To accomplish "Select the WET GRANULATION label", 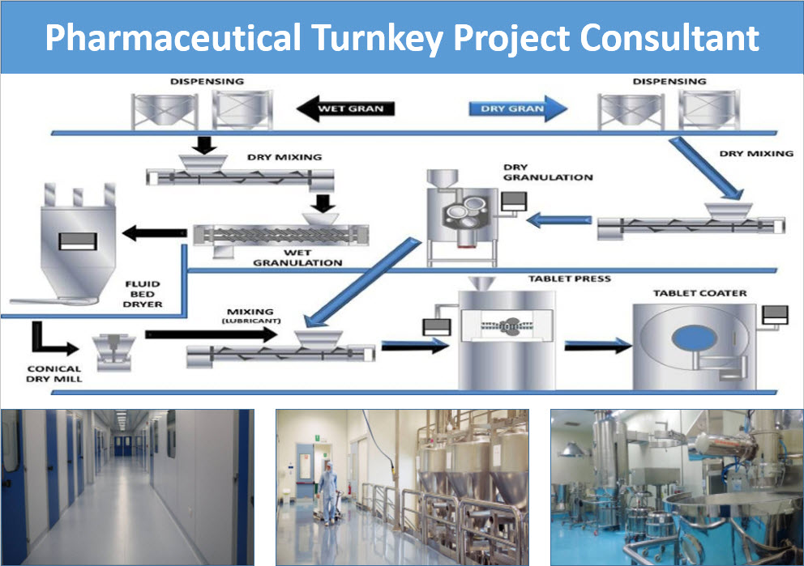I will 297,258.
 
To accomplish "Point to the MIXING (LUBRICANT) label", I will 250,315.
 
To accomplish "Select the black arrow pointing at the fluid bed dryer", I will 152,234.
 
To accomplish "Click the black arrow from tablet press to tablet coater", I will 597,345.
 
